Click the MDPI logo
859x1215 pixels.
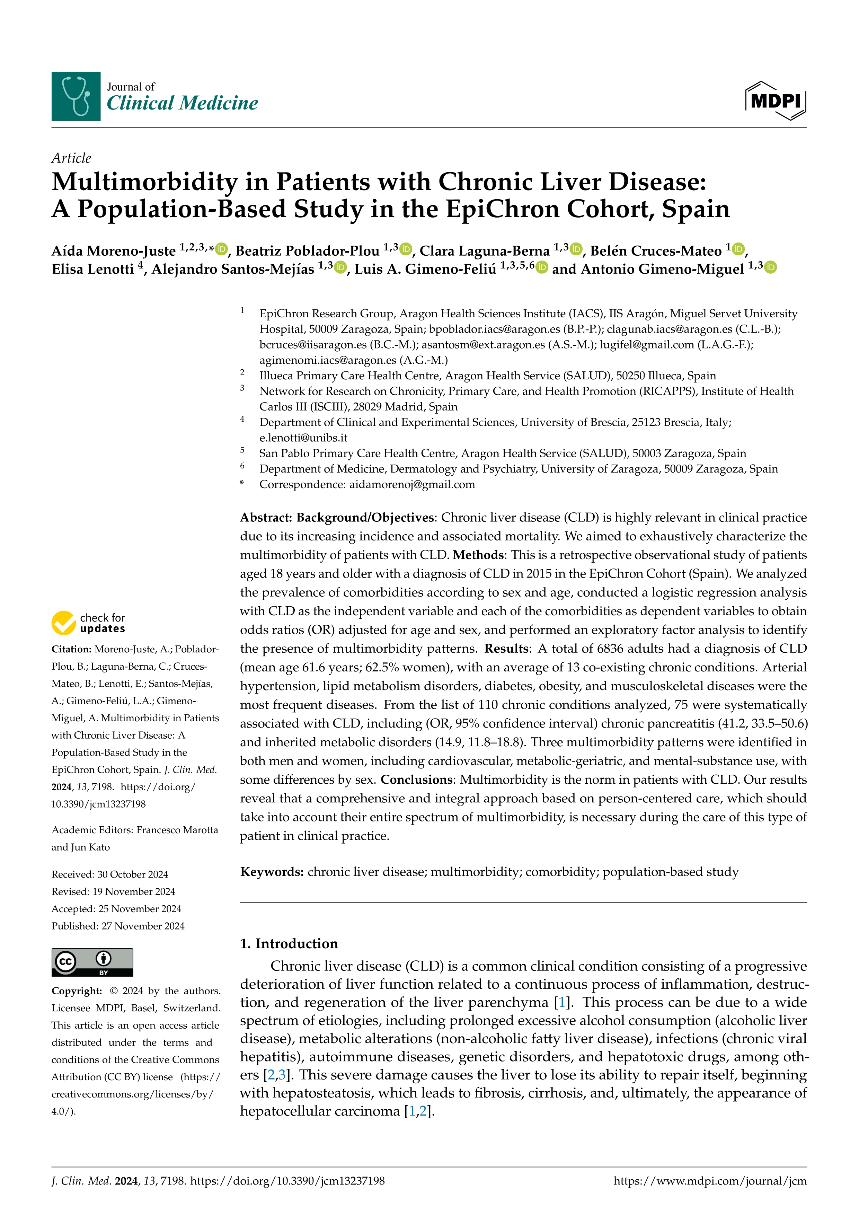pos(776,100)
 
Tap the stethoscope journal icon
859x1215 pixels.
pos(76,96)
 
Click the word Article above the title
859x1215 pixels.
pos(71,158)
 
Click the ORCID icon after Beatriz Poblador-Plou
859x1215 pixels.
pos(406,249)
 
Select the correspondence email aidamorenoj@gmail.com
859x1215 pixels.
pos(412,484)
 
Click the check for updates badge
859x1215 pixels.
pos(88,623)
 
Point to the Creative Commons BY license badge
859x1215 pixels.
pos(92,962)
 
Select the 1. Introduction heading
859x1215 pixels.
pos(289,943)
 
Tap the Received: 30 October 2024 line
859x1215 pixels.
pos(109,874)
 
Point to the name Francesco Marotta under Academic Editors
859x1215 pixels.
pos(177,830)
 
